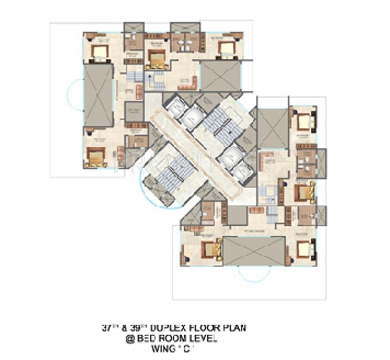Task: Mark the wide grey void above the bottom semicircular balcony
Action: coord(253,251)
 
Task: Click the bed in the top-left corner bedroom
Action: coord(99,52)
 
